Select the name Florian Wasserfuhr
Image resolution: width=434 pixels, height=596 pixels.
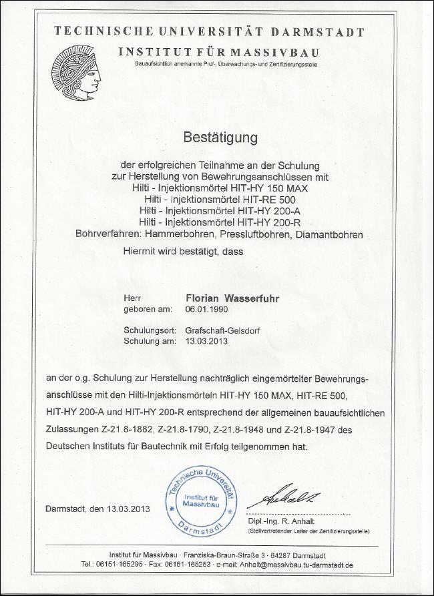[x=230, y=298]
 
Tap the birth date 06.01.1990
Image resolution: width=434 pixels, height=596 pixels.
[x=206, y=310]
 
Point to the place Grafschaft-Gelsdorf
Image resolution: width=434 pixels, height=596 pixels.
[x=225, y=330]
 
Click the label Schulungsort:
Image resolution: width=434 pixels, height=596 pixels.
[x=150, y=330]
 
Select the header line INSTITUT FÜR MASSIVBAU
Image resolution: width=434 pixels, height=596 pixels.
[x=218, y=51]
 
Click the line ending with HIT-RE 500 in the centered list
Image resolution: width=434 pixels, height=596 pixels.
[x=219, y=199]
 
